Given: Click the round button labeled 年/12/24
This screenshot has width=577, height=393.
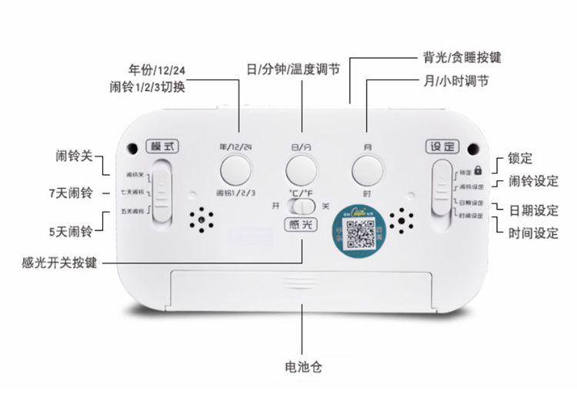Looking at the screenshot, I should pyautogui.click(x=235, y=169).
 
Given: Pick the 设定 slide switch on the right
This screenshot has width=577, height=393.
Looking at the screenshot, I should pyautogui.click(x=442, y=190).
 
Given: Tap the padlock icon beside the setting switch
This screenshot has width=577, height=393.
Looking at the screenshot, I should pyautogui.click(x=478, y=170).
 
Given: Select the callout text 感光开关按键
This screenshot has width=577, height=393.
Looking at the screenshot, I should pyautogui.click(x=59, y=263).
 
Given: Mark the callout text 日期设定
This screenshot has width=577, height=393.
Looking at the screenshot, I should pyautogui.click(x=533, y=210).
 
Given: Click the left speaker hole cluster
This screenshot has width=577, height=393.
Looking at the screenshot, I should pyautogui.click(x=203, y=220).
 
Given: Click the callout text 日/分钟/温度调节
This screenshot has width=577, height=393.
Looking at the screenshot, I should pyautogui.click(x=293, y=69).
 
